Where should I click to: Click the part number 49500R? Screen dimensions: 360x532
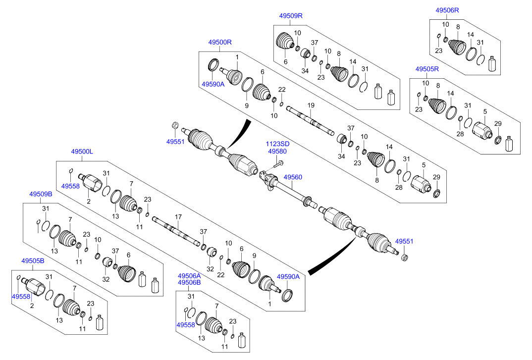click(220, 43)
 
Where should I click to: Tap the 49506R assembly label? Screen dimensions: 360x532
click(447, 10)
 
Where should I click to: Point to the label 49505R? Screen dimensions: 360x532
click(427, 69)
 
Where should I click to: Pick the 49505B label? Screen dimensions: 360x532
click(33, 260)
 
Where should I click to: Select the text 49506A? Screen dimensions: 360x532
click(189, 276)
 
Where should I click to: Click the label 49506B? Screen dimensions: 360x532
click(189, 283)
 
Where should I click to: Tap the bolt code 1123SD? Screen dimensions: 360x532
click(277, 144)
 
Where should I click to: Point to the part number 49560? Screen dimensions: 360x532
click(293, 177)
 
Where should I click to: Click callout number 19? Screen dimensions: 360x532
click(311, 105)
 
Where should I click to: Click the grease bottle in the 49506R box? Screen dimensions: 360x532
click(492, 64)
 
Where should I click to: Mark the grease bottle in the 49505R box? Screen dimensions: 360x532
click(509, 144)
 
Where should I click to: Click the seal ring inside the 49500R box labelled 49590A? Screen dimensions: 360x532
click(213, 65)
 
